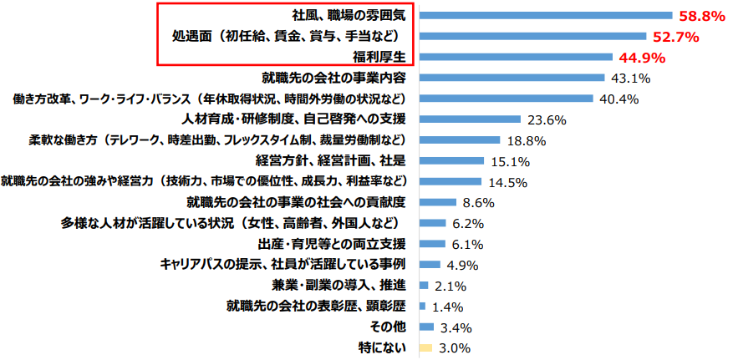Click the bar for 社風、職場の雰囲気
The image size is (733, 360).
(x=545, y=15)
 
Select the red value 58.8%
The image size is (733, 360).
(x=702, y=16)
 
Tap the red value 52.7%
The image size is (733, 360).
(x=674, y=37)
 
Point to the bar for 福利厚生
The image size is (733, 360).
(x=515, y=57)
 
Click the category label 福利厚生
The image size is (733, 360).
(x=379, y=58)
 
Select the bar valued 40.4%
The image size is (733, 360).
(x=506, y=99)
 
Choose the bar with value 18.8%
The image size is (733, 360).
(x=459, y=139)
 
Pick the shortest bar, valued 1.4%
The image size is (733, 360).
(x=422, y=306)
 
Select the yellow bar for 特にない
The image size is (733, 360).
(x=425, y=347)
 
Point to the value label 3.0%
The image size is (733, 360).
(x=456, y=347)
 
